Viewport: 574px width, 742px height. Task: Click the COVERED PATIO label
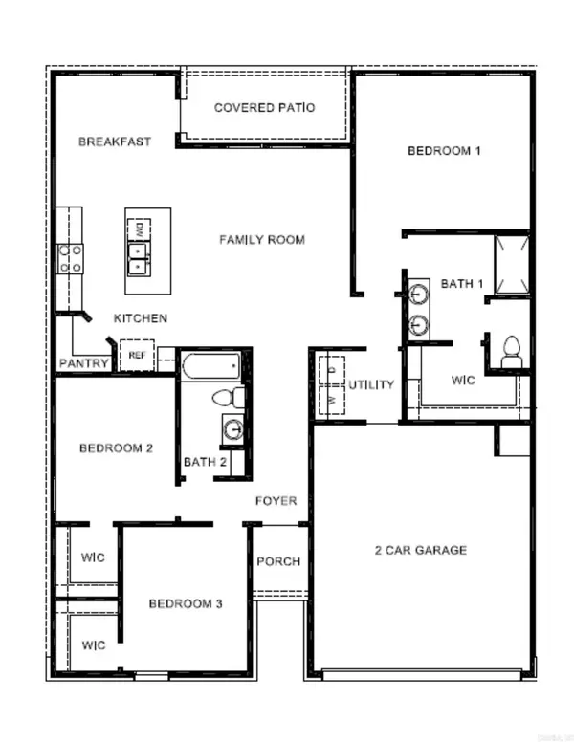pyautogui.click(x=264, y=108)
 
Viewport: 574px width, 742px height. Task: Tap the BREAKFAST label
pyautogui.click(x=115, y=142)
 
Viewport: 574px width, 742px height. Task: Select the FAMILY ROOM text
pyautogui.click(x=262, y=239)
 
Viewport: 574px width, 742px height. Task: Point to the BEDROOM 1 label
pyautogui.click(x=444, y=150)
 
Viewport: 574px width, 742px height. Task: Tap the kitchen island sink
pyautogui.click(x=140, y=256)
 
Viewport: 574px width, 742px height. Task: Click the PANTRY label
pyautogui.click(x=83, y=363)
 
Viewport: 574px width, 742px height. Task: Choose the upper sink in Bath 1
pyautogui.click(x=419, y=292)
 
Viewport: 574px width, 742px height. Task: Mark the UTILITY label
pyautogui.click(x=370, y=384)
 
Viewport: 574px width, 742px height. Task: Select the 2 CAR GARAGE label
pyautogui.click(x=420, y=550)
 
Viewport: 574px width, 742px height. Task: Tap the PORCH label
pyautogui.click(x=278, y=561)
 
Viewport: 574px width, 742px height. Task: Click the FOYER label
pyautogui.click(x=276, y=501)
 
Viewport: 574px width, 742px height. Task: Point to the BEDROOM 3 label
pyautogui.click(x=186, y=603)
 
